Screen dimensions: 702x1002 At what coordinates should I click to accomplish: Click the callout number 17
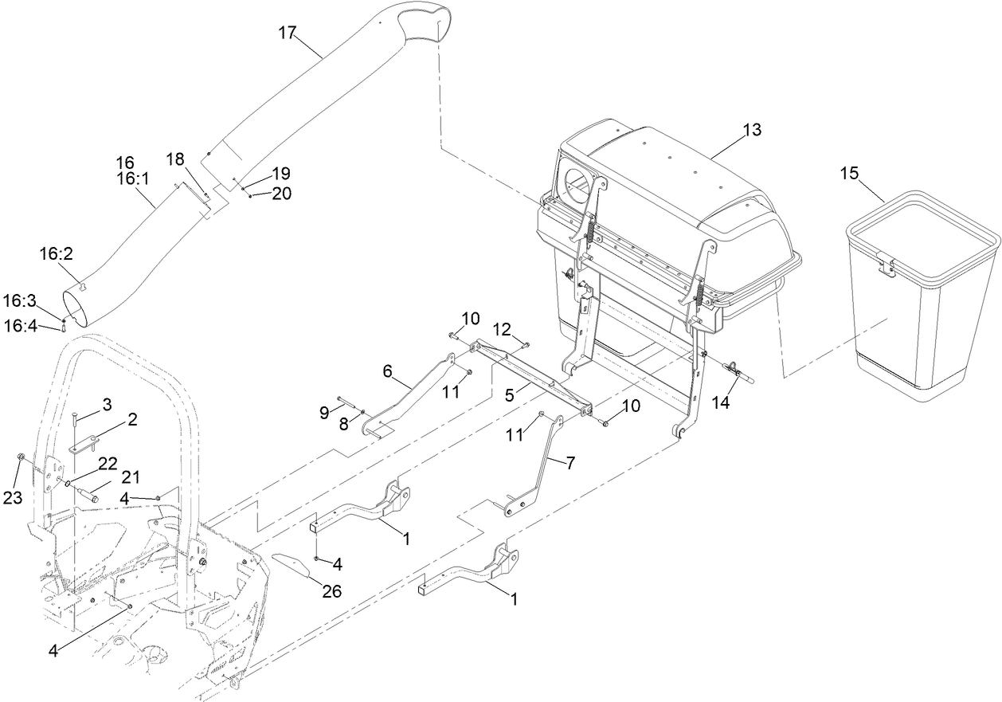coord(287,33)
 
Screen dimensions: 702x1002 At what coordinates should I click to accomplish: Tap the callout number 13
coord(751,129)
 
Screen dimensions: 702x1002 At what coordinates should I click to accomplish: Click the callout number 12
coord(502,328)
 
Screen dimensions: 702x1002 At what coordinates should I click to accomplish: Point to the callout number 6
coord(387,371)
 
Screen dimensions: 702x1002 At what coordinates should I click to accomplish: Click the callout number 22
coord(107,462)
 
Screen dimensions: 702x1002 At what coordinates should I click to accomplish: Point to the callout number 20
coord(282,193)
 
